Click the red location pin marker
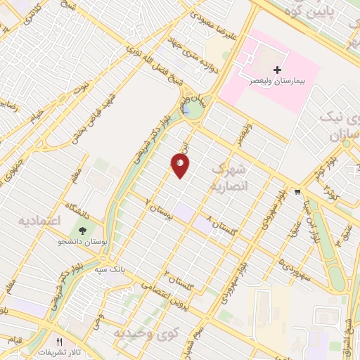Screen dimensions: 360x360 [180, 165]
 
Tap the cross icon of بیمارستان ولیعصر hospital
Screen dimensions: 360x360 [278, 70]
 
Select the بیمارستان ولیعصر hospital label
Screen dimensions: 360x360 [278, 82]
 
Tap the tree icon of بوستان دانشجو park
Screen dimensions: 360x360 [84, 230]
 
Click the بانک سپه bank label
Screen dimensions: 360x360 [111, 268]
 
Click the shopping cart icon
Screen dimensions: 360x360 [298, 191]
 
